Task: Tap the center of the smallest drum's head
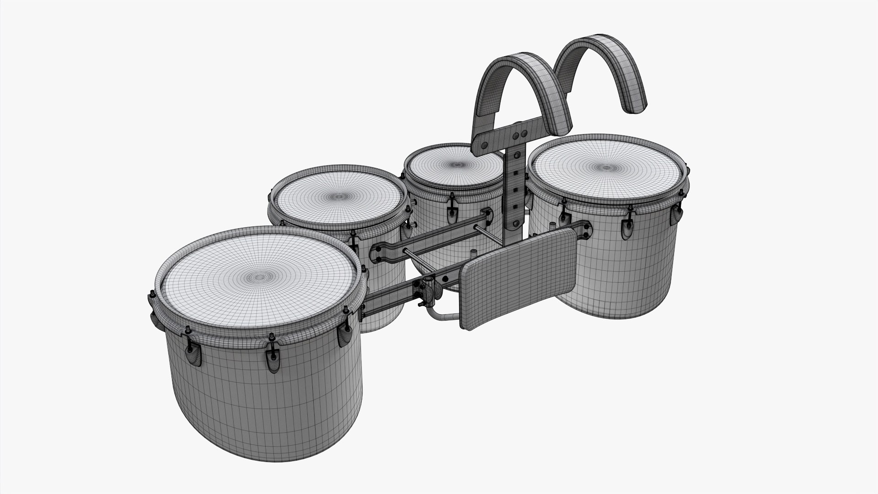(455, 164)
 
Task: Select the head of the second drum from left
(339, 197)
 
